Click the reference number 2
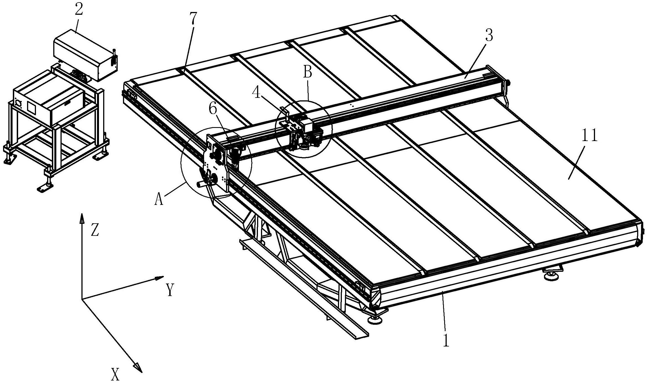(x=79, y=10)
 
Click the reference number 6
(x=213, y=109)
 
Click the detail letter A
(x=159, y=199)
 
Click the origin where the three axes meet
(x=82, y=299)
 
